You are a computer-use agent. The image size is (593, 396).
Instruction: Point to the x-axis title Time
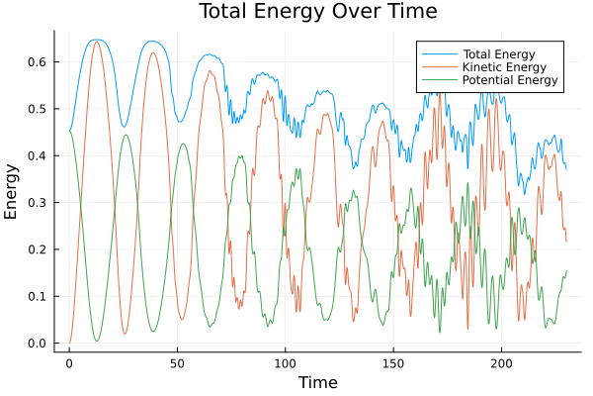317,383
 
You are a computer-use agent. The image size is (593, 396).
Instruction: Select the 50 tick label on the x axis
177,361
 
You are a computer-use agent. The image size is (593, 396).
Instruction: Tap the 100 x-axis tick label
286,361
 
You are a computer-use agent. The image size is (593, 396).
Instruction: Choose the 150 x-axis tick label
393,361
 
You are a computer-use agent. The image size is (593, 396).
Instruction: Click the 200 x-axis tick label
501,361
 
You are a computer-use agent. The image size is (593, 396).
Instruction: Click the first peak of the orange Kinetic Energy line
96,42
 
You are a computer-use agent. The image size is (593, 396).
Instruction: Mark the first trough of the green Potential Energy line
97,341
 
